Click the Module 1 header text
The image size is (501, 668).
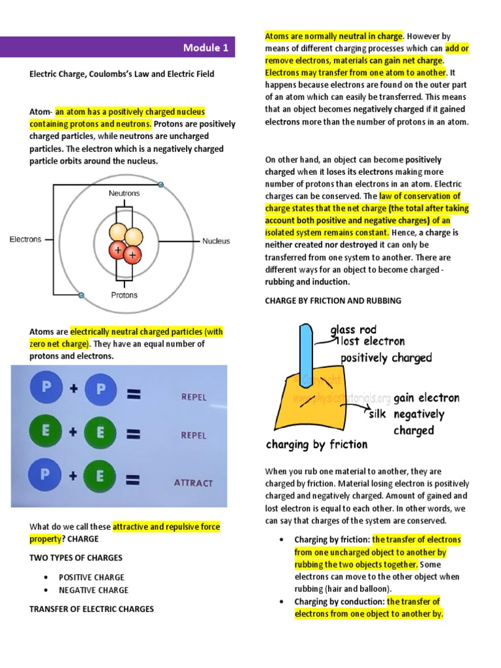click(205, 48)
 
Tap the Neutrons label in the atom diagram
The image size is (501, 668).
click(124, 194)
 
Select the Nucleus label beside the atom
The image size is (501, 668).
click(216, 241)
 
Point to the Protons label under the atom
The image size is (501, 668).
click(124, 295)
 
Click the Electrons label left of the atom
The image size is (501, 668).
click(25, 239)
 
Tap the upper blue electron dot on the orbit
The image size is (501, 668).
click(161, 185)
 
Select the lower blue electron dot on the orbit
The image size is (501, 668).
click(81, 296)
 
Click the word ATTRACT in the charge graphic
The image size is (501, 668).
click(193, 483)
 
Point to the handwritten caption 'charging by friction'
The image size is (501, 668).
click(316, 445)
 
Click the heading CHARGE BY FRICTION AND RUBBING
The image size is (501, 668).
click(333, 301)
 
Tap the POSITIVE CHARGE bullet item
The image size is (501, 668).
click(91, 577)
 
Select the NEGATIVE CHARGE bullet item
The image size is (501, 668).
click(93, 590)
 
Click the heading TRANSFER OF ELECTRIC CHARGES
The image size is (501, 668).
click(91, 609)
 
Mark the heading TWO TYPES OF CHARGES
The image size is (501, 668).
click(76, 558)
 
